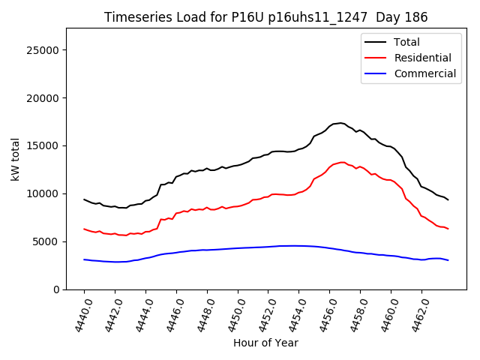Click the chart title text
(265, 17)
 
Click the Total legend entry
(406, 42)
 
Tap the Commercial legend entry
(424, 73)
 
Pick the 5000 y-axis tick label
(46, 241)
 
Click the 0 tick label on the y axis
(57, 289)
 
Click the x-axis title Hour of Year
(265, 343)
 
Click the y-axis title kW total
(15, 159)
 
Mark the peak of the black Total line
(340, 123)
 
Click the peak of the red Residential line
(342, 162)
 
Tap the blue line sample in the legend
(374, 73)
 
